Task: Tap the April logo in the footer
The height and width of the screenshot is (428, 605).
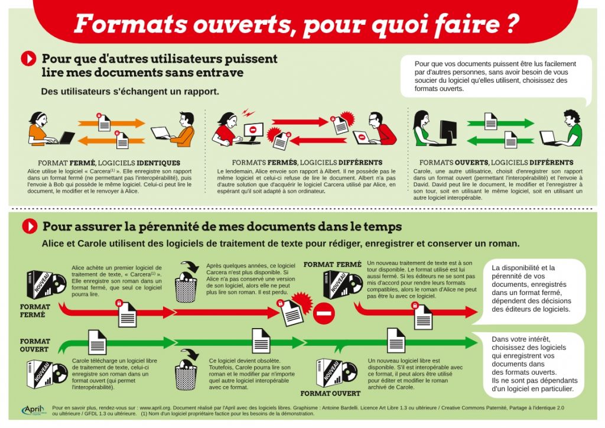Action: point(35,409)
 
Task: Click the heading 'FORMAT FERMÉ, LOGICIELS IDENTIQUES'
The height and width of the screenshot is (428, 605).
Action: point(109,163)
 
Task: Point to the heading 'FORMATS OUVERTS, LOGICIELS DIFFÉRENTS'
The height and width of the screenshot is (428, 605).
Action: point(496,163)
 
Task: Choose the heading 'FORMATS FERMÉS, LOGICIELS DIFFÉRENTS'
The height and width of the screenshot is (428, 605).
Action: point(307,163)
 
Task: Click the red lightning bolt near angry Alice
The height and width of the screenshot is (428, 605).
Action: point(246,111)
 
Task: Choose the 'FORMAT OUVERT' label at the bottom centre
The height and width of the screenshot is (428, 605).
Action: point(330,393)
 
